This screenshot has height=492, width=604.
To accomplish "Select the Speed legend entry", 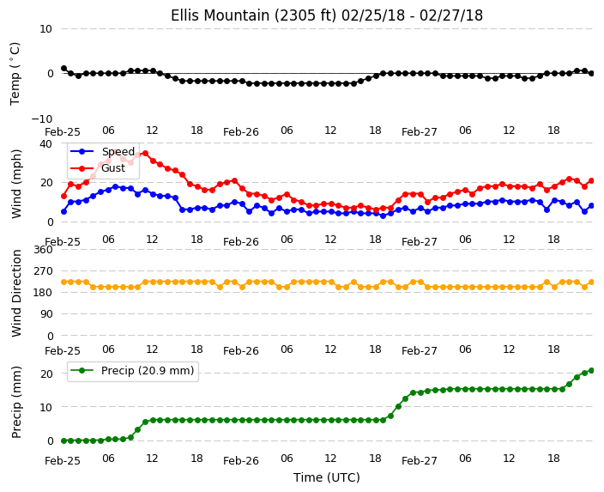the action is (102, 151).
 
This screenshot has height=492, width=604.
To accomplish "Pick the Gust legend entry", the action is (98, 168).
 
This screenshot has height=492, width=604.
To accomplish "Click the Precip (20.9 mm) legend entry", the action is (132, 371).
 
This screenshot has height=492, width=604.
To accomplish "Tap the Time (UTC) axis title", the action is (327, 477).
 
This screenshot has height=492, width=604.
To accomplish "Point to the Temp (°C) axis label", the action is (15, 74).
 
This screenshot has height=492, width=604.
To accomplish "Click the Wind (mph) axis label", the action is (15, 184).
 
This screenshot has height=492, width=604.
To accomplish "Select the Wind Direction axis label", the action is (15, 293).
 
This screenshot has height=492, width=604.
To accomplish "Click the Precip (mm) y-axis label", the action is (15, 402).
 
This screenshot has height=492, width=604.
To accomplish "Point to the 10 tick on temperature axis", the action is (45, 29).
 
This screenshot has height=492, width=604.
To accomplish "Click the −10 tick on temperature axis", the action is (42, 118).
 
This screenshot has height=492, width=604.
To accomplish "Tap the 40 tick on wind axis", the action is (45, 143).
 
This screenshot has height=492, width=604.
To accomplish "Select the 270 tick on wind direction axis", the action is (43, 271).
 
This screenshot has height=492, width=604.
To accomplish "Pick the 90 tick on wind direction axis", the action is (46, 314).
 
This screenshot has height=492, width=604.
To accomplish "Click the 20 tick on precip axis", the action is (46, 374).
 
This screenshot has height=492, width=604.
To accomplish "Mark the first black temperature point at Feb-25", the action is (64, 69).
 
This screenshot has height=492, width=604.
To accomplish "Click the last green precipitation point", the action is (592, 371).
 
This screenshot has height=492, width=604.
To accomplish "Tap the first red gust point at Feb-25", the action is (64, 197).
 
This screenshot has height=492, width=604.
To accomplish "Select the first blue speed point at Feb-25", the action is (64, 212).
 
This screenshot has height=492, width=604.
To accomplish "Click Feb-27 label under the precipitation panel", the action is (419, 461).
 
